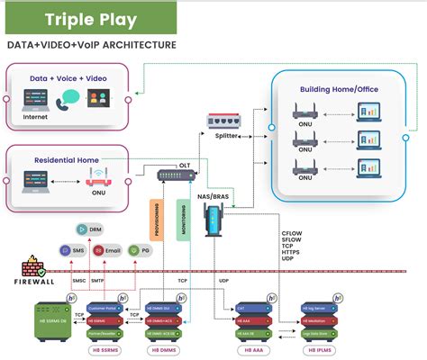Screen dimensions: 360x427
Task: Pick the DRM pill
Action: click(x=89, y=230)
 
